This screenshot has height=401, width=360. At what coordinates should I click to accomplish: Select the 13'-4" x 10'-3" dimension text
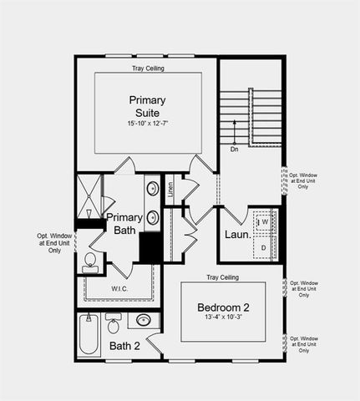pos(223,317)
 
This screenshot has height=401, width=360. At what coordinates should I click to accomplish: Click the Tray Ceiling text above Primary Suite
pos(147,69)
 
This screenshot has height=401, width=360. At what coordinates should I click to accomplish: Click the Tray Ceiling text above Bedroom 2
pos(223,277)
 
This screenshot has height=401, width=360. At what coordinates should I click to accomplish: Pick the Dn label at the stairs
pos(235,150)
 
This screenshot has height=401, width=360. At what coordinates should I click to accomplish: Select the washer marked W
pos(264,223)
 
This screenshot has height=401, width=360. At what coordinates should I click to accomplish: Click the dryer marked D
pos(264,247)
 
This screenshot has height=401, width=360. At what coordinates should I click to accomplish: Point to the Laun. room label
pos(237,235)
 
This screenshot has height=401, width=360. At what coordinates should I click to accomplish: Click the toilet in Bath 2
pos(114,322)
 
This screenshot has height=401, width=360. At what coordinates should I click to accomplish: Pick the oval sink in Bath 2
pos(144,320)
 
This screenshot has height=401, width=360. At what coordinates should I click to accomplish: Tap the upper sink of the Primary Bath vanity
pos(154,189)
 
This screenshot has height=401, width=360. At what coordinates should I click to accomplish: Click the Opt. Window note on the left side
pos(55,242)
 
